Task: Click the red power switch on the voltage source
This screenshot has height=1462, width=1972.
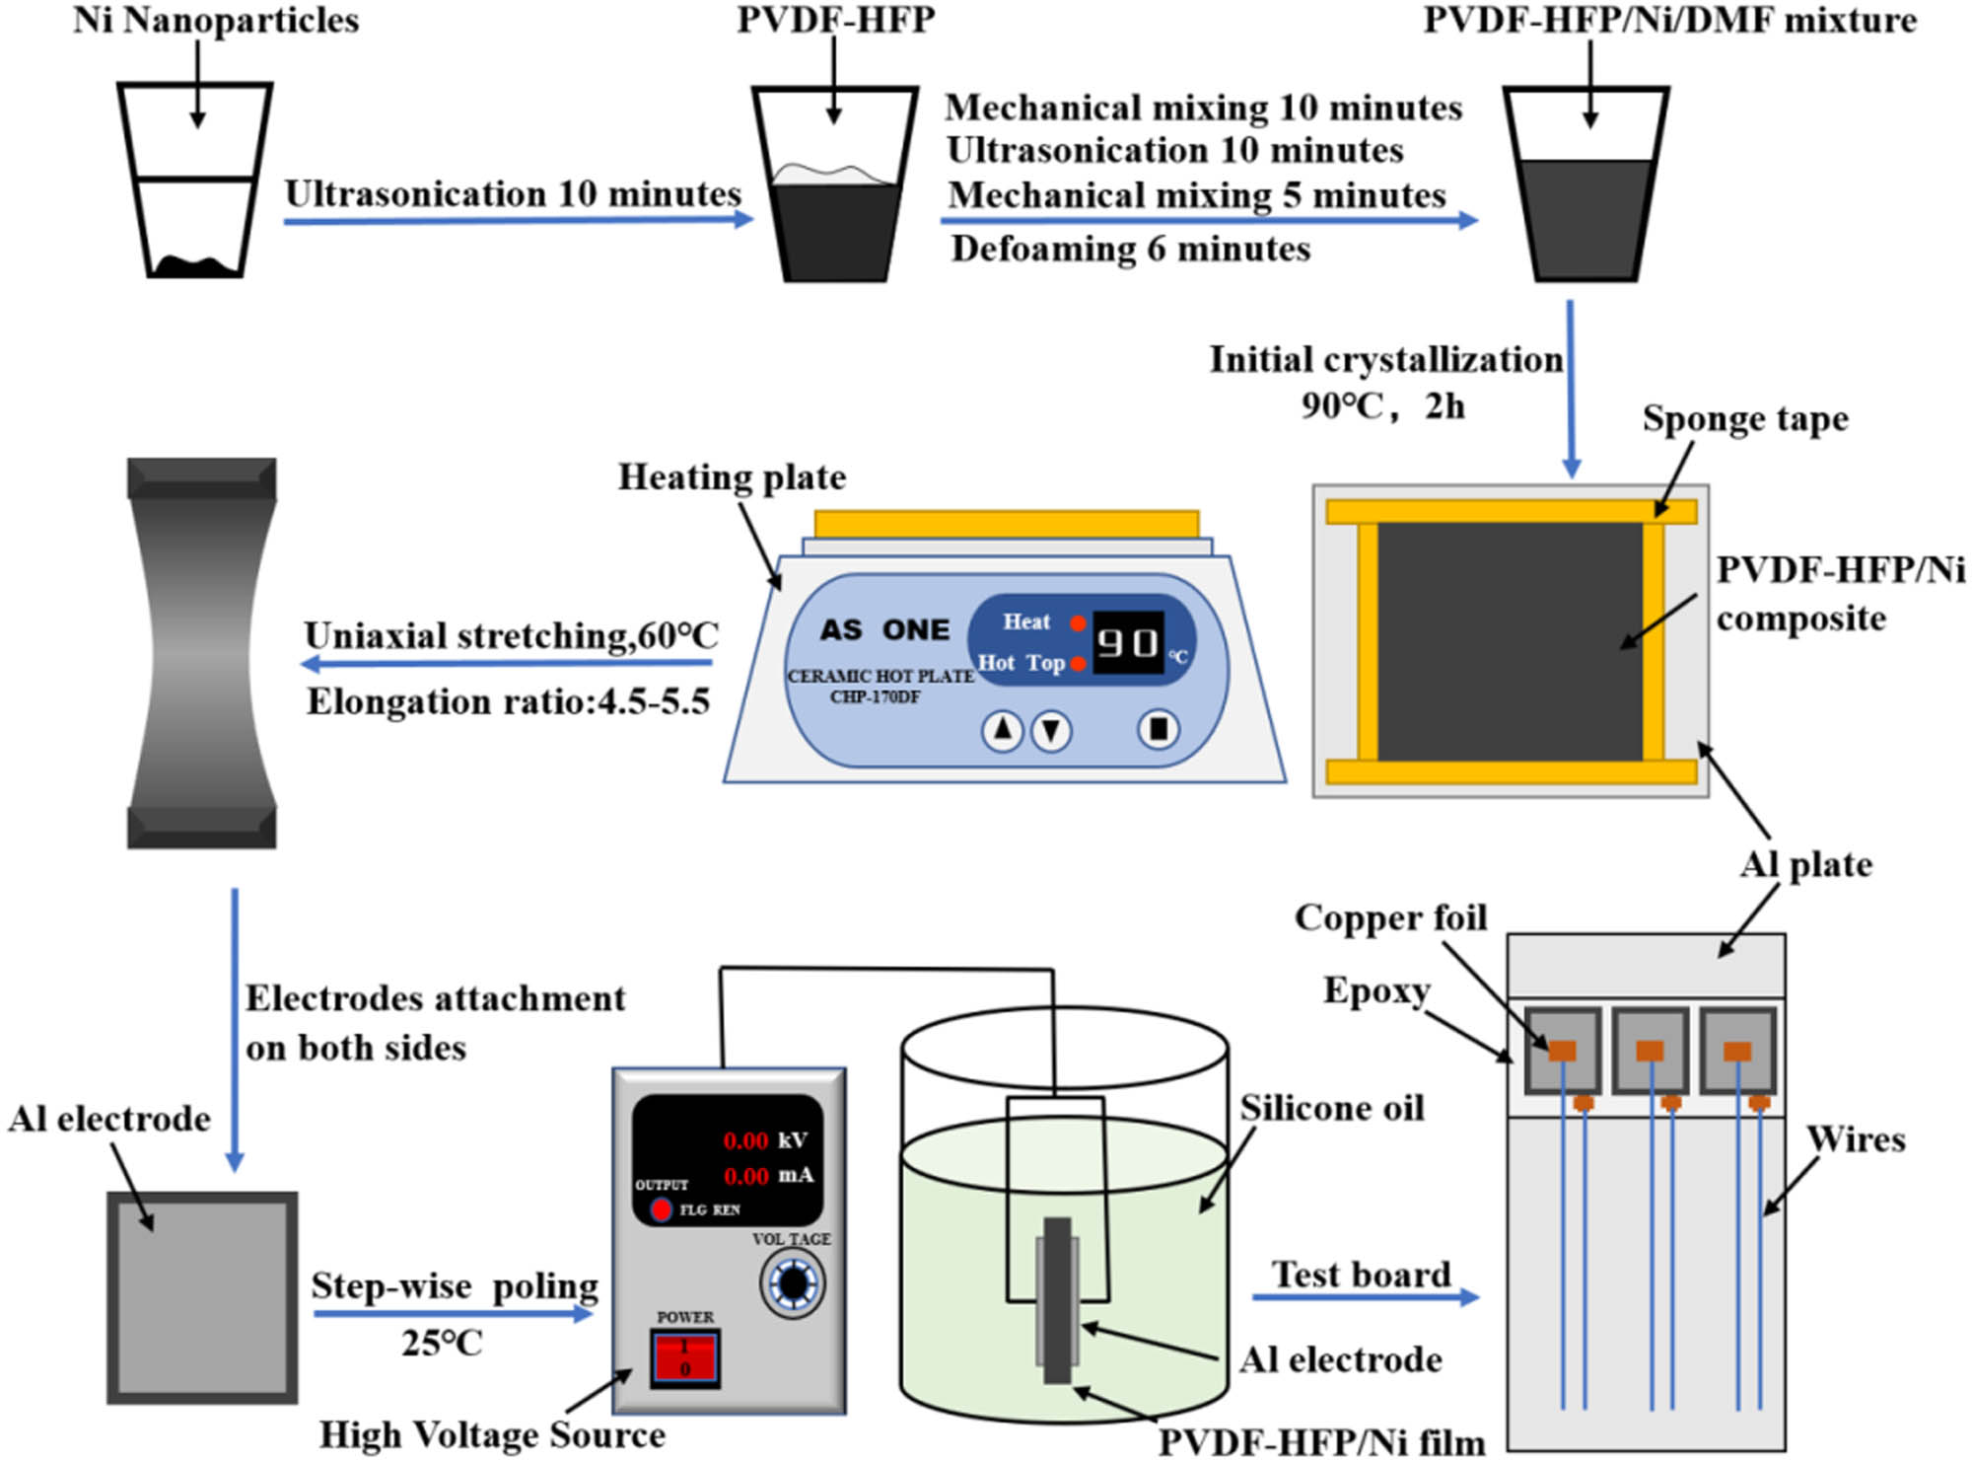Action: click(x=684, y=1358)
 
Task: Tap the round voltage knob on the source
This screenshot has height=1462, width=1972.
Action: click(x=793, y=1283)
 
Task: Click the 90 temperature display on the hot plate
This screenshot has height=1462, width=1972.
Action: click(x=1128, y=643)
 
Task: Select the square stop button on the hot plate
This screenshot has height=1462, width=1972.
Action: click(x=1159, y=729)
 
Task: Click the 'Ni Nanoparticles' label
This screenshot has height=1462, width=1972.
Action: click(x=216, y=21)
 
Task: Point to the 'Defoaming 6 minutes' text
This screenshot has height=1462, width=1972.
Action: click(x=1130, y=249)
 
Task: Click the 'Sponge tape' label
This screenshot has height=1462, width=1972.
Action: click(x=1744, y=418)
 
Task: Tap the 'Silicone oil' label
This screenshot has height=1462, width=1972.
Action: click(x=1331, y=1108)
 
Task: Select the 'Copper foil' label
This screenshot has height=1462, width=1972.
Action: click(x=1390, y=917)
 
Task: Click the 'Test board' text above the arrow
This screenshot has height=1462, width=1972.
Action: click(x=1361, y=1274)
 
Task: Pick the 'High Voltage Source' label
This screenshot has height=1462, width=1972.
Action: click(x=492, y=1434)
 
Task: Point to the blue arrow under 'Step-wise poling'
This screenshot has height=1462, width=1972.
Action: click(x=454, y=1313)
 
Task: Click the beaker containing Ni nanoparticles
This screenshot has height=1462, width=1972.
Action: click(x=195, y=182)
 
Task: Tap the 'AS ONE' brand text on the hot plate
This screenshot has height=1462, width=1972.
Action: click(x=884, y=629)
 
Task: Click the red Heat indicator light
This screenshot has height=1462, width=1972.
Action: click(x=1079, y=622)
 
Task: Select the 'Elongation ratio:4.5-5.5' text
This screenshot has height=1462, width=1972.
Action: click(x=508, y=701)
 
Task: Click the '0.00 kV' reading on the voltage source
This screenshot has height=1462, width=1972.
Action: click(x=764, y=1140)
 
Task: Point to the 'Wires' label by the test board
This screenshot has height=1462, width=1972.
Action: click(x=1855, y=1139)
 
